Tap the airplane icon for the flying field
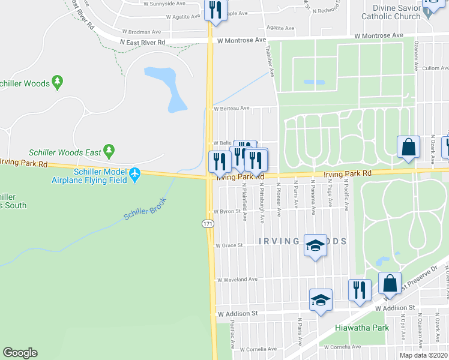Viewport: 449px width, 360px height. pos(134,175)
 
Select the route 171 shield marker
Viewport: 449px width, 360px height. pos(208,224)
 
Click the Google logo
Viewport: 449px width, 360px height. pos(20,353)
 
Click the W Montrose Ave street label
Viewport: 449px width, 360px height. pos(241,40)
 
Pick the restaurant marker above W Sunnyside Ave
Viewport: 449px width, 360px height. pos(215,10)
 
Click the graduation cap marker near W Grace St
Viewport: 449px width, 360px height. pos(316,245)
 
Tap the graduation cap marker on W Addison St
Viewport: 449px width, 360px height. pos(321,299)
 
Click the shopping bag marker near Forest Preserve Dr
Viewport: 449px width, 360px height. pos(390,284)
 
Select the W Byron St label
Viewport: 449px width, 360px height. pos(228,211)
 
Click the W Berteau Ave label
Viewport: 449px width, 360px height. pos(231,109)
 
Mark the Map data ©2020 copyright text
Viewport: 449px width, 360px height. pos(423,355)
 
